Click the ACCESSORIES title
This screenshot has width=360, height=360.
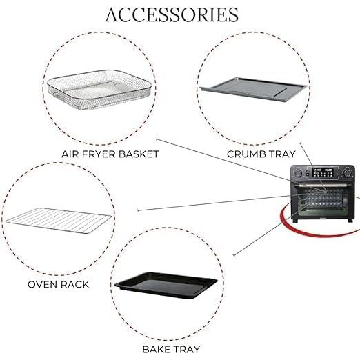click(172, 14)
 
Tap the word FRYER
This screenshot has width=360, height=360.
click(99, 154)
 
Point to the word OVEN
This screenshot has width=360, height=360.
click(43, 284)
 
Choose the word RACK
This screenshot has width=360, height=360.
click(74, 284)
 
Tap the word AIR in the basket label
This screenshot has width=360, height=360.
click(70, 154)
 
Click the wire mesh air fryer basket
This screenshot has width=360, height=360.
click(99, 90)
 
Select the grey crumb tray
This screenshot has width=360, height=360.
click(254, 89)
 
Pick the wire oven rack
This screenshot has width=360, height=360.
click(59, 220)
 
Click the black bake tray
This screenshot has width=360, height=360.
click(166, 286)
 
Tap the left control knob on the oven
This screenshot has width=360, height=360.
click(298, 173)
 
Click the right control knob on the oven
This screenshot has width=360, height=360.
click(347, 172)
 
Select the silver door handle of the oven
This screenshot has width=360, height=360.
click(323, 185)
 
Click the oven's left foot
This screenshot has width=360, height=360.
click(295, 221)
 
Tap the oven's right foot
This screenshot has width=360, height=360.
click(350, 220)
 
